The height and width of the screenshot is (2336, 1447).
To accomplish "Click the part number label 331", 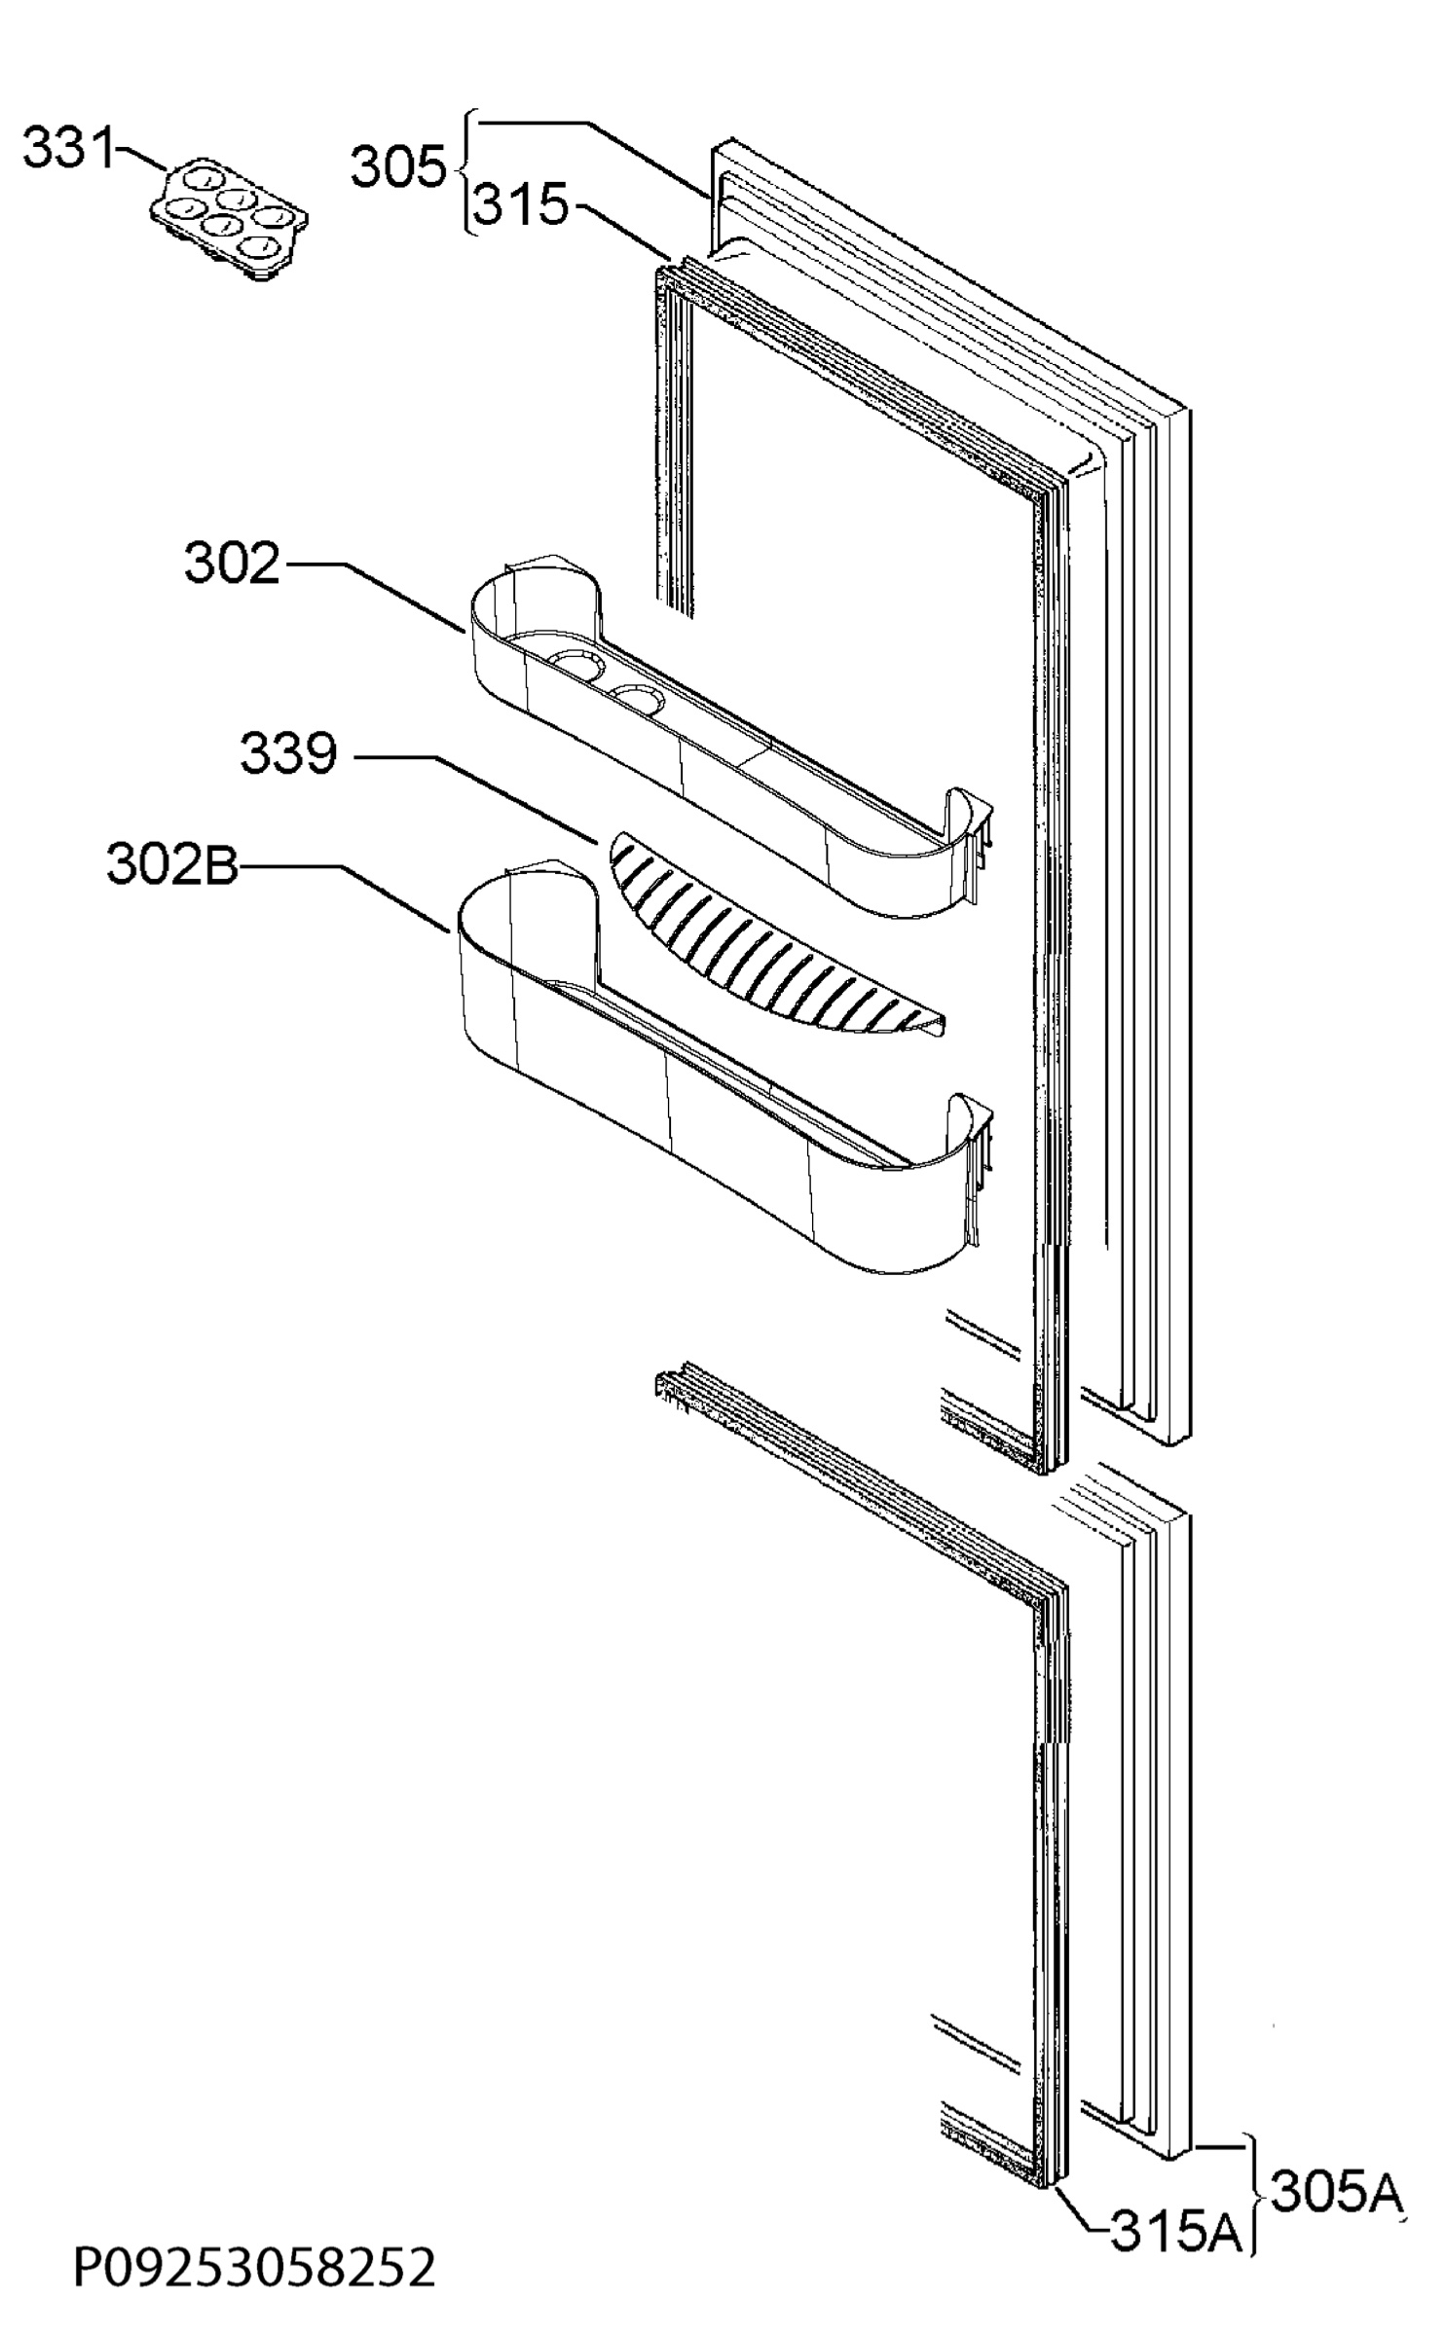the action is point(68,149).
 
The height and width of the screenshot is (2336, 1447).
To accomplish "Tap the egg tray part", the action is point(230,221).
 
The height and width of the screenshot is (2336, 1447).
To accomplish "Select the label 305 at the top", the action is point(397,166).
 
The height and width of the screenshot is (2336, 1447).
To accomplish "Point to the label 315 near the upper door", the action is point(521,205).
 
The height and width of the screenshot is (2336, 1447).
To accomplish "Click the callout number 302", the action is point(233,563).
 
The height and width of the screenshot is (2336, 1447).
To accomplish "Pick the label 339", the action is point(288,753).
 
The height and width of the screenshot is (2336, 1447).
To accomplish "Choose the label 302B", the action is point(171,864).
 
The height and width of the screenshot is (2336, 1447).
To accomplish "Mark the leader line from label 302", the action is point(373,596).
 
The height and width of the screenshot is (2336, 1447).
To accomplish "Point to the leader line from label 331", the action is point(141,160).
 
